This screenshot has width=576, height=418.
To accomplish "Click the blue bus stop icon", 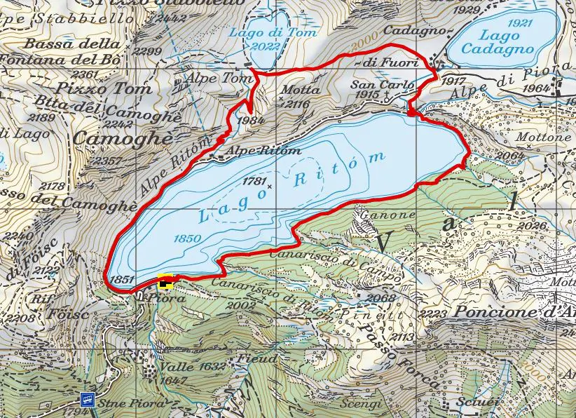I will (87, 400).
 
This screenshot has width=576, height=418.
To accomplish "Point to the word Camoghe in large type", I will (123, 139).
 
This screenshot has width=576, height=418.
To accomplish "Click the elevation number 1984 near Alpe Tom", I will (251, 120).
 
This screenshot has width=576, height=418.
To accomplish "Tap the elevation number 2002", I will (241, 306).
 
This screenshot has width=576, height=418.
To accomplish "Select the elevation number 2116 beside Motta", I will (295, 104).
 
